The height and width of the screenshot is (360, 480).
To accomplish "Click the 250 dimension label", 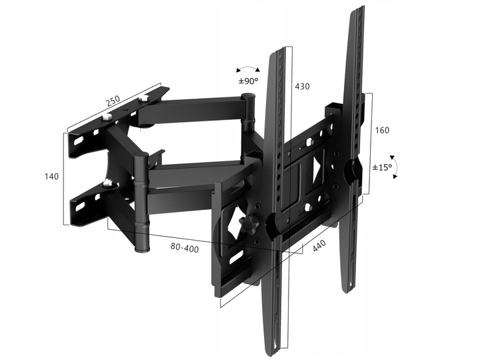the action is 113,101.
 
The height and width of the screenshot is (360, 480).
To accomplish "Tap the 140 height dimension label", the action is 51,176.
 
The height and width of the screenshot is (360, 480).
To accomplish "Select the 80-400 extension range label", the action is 185,247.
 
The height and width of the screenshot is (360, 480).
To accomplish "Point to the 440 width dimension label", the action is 319,246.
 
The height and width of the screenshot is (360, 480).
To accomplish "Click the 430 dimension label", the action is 302,87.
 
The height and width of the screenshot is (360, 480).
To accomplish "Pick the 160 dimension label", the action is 382,130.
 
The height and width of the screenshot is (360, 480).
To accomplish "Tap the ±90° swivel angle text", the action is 248,81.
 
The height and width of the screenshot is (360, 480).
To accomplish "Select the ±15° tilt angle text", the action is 382,167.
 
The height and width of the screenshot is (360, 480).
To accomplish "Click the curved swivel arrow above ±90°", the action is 248,67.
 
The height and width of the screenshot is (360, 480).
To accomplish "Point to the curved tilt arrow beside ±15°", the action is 396,166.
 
